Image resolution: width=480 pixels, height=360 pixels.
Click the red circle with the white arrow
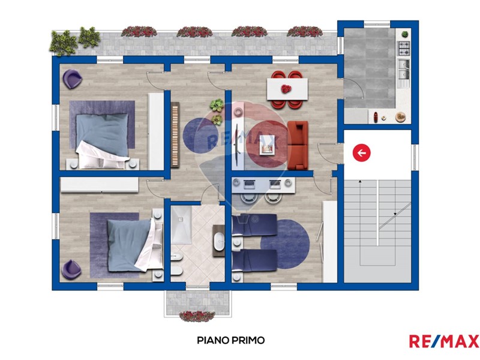[362, 152]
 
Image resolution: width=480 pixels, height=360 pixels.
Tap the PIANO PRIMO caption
[231, 340]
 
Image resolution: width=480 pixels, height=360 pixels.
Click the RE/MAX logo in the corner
[444, 341]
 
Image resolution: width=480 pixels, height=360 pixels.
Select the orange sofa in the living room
[298, 145]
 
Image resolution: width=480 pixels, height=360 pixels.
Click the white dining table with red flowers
[287, 89]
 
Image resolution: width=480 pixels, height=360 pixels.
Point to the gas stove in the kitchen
[404, 49]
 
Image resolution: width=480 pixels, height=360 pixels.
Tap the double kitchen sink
[404, 70]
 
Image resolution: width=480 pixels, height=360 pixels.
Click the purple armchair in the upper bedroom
[72, 79]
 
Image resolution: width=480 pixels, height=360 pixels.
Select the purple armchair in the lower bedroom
[71, 269]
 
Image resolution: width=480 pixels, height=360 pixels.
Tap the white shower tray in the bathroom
[181, 224]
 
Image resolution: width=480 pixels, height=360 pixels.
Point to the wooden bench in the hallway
[175, 134]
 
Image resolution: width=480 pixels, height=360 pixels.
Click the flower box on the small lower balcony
[197, 316]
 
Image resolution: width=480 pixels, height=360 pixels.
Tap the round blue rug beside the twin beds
[285, 244]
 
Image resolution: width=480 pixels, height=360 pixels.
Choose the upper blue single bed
[254, 226]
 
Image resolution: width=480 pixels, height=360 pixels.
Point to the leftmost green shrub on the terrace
[63, 43]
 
